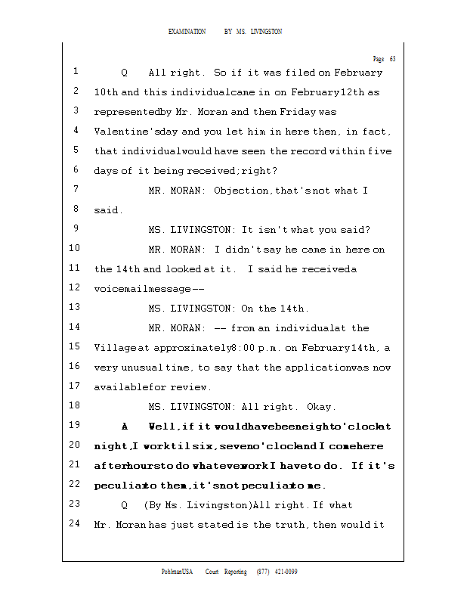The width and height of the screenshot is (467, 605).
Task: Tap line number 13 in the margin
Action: click(74, 308)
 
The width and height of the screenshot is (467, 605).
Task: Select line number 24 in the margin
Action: click(74, 523)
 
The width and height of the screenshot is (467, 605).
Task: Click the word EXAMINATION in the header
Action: click(187, 32)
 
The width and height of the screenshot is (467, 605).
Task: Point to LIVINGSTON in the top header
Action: click(266, 32)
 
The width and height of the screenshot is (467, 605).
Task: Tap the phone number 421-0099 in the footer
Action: click(286, 572)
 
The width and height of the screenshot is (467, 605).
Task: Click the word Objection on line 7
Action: click(241, 191)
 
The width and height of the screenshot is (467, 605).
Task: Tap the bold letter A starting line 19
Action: click(125, 426)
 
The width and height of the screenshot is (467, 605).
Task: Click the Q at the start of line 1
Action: click(125, 73)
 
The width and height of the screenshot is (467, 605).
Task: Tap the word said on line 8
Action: click(107, 210)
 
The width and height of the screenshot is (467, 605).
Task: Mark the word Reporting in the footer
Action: click(233, 572)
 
